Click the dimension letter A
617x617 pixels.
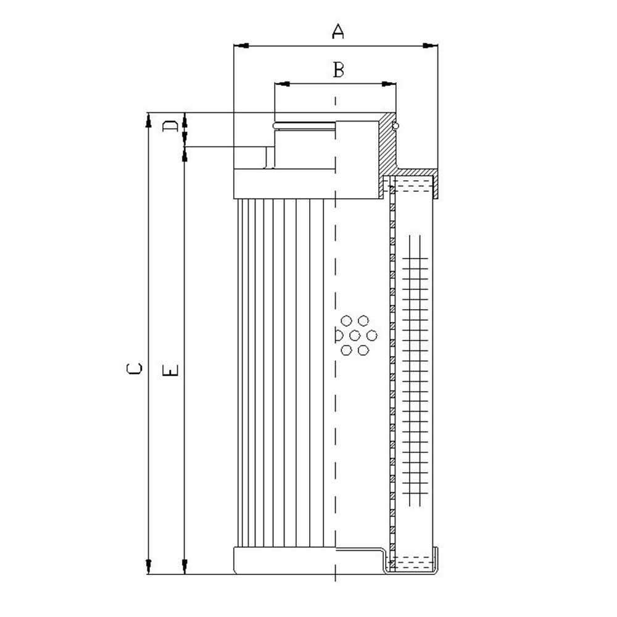(338, 31)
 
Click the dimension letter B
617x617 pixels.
(338, 69)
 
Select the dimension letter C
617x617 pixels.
(134, 368)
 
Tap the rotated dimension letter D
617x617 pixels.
(170, 126)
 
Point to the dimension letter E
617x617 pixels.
(170, 370)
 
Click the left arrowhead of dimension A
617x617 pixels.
(241, 46)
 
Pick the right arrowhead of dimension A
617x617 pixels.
(430, 46)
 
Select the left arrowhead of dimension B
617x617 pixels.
(282, 84)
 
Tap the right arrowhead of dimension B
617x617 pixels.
(389, 84)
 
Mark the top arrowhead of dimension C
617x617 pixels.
(148, 120)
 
